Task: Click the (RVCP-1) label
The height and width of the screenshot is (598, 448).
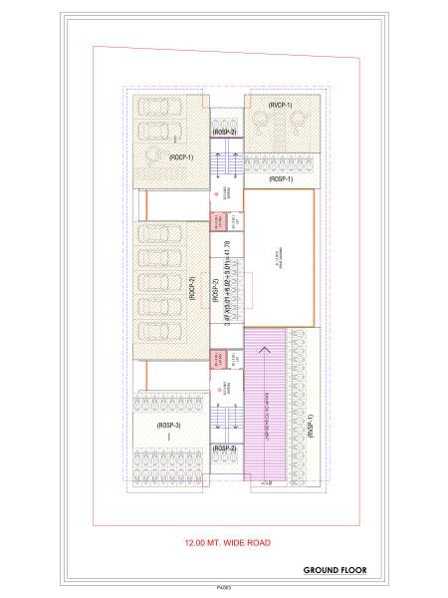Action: tap(278, 104)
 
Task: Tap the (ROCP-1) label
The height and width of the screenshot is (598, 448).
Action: tap(180, 157)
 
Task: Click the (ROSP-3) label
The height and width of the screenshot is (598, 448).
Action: tap(169, 426)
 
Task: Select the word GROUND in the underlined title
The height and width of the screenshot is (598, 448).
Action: tap(322, 571)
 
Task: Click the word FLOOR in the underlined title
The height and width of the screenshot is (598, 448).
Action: tap(352, 571)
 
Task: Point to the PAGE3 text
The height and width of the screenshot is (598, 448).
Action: tap(223, 589)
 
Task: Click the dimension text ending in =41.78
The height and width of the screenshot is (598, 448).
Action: tap(227, 283)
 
